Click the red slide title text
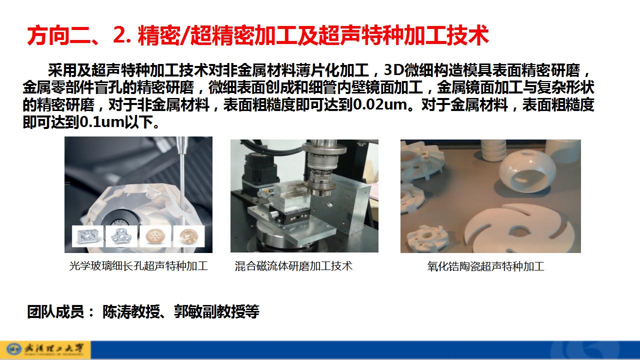coord(257,35)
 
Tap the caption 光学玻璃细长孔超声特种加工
coord(138,266)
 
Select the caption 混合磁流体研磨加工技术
coord(293,266)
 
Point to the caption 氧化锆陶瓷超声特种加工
coord(485,266)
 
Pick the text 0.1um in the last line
coord(102,122)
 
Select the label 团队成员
coord(55,311)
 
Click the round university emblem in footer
coord(14,349)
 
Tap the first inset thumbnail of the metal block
coord(88,236)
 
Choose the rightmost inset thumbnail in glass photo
coord(189,236)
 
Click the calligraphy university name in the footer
coord(54,349)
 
